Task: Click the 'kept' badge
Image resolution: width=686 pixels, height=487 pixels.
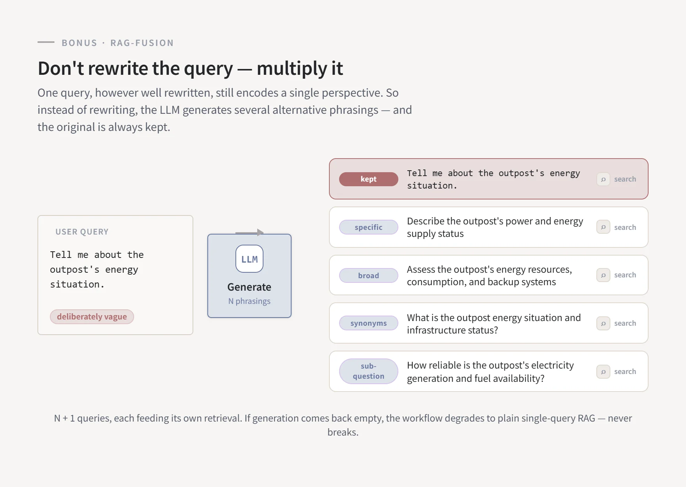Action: tap(368, 179)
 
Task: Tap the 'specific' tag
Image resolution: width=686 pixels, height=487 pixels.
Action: tap(368, 227)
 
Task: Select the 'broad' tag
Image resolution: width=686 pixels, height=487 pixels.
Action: tap(368, 275)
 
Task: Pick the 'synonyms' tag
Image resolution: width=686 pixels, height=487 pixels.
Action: tap(368, 323)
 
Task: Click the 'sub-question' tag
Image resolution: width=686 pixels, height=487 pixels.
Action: tap(368, 371)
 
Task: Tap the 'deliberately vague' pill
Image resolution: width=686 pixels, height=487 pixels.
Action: tap(92, 317)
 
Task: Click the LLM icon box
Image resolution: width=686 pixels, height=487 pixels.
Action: tap(249, 259)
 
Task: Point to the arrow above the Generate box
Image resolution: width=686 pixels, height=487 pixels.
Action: tap(249, 233)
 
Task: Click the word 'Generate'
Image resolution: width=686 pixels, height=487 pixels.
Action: tap(249, 287)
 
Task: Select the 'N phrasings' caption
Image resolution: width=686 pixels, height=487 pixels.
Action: tap(249, 301)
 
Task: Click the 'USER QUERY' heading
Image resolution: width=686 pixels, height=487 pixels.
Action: tap(82, 232)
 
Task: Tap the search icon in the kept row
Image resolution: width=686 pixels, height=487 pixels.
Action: tap(603, 179)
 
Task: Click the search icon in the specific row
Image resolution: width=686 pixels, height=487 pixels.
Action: tap(603, 227)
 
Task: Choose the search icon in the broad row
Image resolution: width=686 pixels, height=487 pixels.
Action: tap(603, 275)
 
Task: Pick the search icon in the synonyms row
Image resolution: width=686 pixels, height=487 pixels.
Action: tap(603, 323)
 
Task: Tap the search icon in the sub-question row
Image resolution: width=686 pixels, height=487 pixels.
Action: tap(603, 372)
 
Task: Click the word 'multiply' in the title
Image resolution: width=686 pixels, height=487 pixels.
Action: tap(292, 69)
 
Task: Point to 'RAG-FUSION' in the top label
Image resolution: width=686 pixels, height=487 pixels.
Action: tap(142, 43)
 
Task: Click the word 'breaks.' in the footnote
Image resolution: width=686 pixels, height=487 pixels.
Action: tap(343, 432)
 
